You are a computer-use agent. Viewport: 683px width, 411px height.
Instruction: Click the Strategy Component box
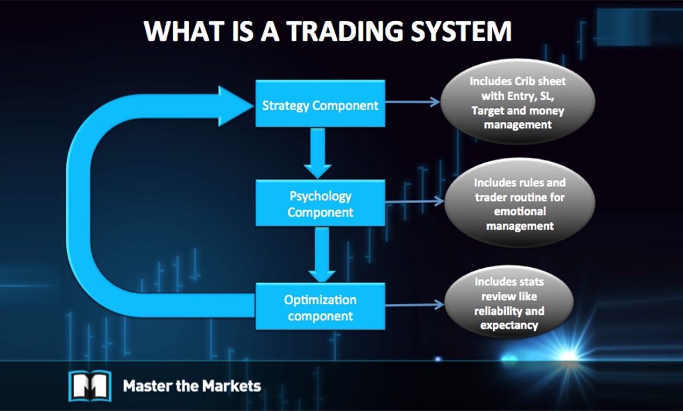tap(320, 105)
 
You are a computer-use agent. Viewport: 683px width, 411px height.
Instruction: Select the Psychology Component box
tap(320, 203)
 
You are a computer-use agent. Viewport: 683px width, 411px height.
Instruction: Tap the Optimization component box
tap(320, 307)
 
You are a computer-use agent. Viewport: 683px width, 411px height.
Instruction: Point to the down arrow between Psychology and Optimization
tap(321, 254)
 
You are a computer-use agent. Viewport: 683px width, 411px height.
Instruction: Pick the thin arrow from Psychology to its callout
tap(414, 202)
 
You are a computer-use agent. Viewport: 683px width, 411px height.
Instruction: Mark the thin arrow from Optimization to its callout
tap(414, 304)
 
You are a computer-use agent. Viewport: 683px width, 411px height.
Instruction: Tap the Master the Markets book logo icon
tap(89, 384)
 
